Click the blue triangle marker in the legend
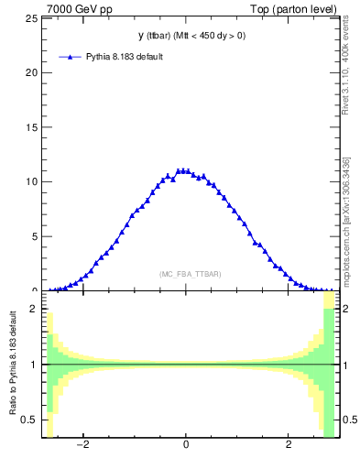[x=71, y=57]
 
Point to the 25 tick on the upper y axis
[x=33, y=18]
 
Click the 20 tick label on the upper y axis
[x=33, y=72]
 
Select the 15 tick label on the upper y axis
[x=33, y=126]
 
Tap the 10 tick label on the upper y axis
[x=33, y=181]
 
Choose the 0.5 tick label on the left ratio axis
[x=31, y=420]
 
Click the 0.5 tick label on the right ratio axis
[x=348, y=420]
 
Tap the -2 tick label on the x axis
[x=82, y=445]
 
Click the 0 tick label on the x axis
[x=186, y=445]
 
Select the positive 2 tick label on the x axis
[x=289, y=445]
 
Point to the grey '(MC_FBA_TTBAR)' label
[x=190, y=274]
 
